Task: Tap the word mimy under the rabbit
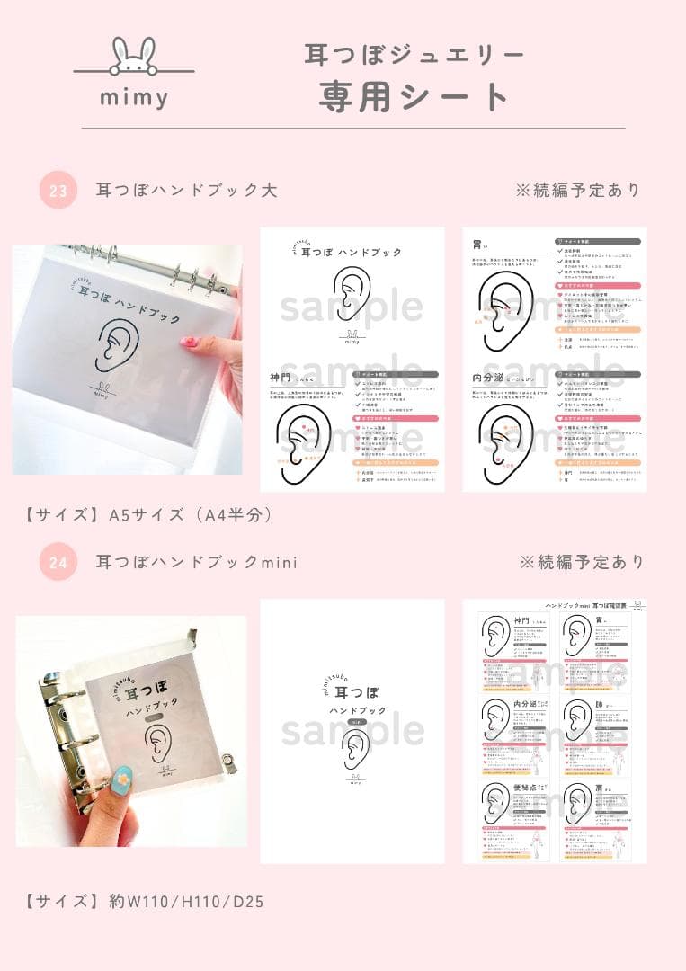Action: point(134,97)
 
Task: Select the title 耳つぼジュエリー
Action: point(414,55)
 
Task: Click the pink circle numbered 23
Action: point(58,191)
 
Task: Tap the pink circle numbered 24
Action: point(58,563)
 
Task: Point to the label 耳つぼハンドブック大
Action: point(186,191)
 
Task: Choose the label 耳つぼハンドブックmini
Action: point(196,563)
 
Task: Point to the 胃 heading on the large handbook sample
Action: point(478,244)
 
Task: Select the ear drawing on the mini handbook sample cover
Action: point(353,749)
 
